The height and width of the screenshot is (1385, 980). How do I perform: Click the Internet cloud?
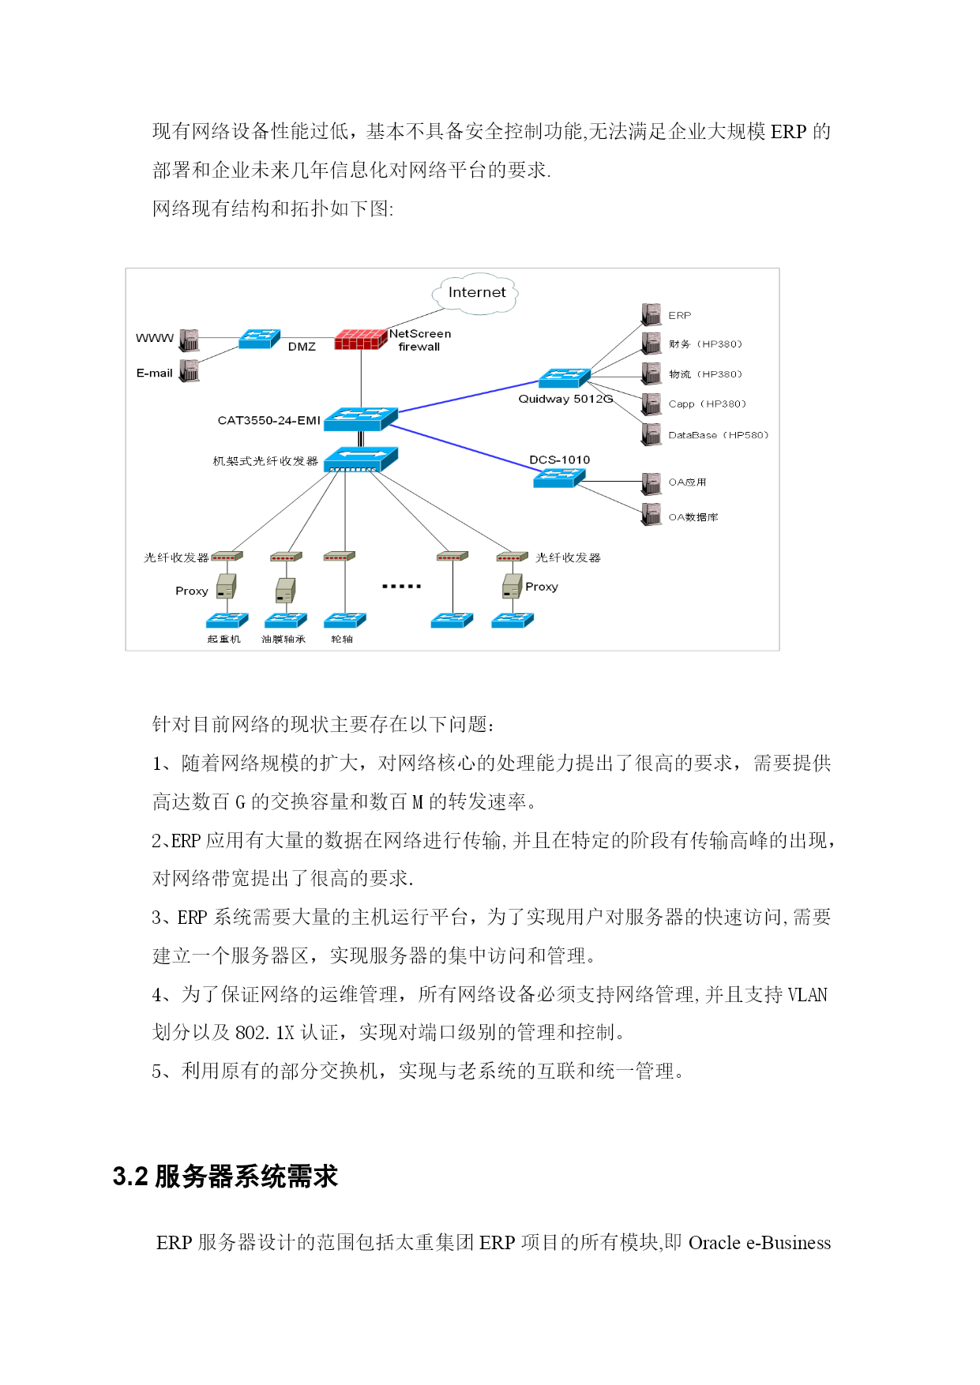point(475,294)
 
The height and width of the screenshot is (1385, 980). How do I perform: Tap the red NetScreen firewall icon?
point(361,339)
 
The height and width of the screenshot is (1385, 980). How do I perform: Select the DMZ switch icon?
point(259,339)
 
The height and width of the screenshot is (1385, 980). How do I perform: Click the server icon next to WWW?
point(190,340)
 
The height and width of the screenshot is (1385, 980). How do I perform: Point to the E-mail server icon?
point(190,370)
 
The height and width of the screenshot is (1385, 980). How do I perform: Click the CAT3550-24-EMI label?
point(268,420)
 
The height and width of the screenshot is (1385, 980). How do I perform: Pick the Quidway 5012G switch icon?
point(565,378)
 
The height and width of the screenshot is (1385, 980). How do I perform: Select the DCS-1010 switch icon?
point(559,478)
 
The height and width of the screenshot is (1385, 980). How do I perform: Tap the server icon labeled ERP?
point(651,314)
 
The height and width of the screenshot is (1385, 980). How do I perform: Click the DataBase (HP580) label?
point(718,435)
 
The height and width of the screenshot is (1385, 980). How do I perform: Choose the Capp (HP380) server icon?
point(651,404)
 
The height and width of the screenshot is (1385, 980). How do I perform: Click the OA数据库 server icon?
point(651,514)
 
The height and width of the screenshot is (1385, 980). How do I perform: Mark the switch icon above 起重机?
point(227,621)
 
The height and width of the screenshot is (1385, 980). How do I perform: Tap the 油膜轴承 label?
point(283,639)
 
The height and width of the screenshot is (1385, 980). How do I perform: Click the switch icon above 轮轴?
point(345,621)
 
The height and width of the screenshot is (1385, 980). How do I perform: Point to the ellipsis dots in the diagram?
point(401,586)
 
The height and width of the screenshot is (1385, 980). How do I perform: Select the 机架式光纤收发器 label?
point(265,461)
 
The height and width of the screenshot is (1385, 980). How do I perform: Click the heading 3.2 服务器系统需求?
point(225,1177)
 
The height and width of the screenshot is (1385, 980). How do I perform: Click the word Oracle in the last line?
point(715,1243)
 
